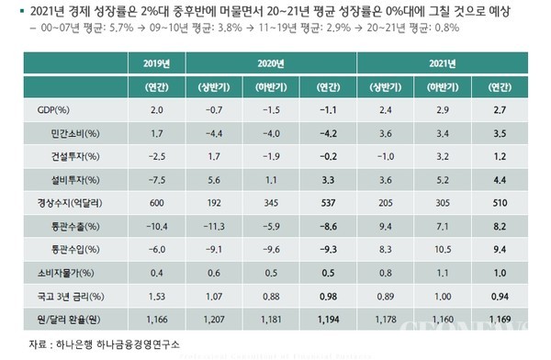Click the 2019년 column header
(x=157, y=64)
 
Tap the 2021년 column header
(x=444, y=64)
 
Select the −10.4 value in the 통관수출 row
(x=157, y=224)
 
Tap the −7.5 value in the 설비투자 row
(x=157, y=178)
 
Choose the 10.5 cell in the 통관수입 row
(x=443, y=247)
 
